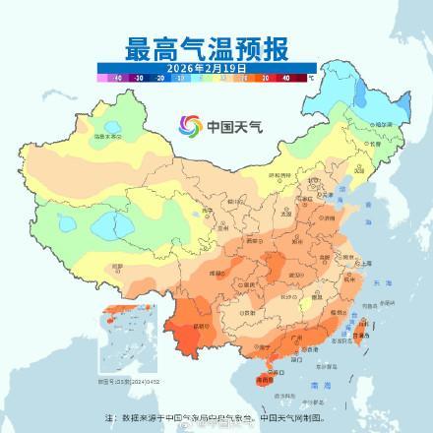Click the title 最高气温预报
tap(207, 46)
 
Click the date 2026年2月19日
tap(207, 66)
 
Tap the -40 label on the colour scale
tap(117, 76)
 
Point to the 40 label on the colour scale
tap(286, 76)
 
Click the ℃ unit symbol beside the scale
tap(311, 76)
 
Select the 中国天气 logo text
tap(230, 126)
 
